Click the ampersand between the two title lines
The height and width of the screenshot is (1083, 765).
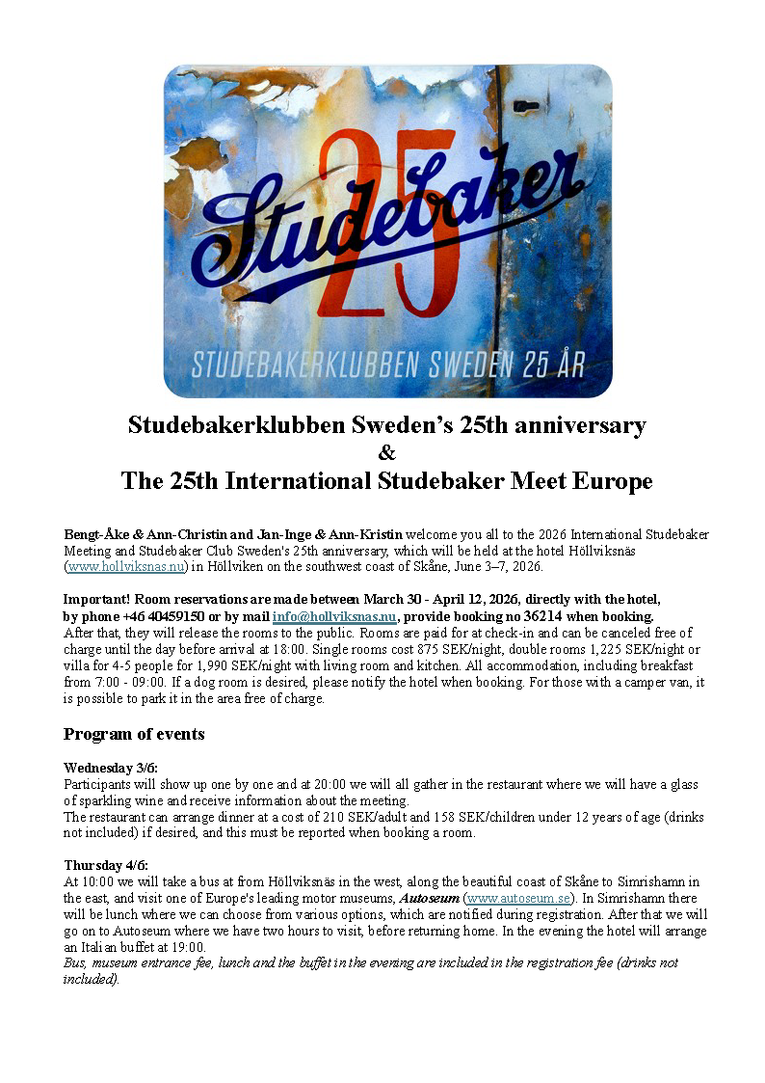[386, 452]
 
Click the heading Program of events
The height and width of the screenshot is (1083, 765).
[134, 734]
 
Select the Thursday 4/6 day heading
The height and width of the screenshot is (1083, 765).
[106, 865]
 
